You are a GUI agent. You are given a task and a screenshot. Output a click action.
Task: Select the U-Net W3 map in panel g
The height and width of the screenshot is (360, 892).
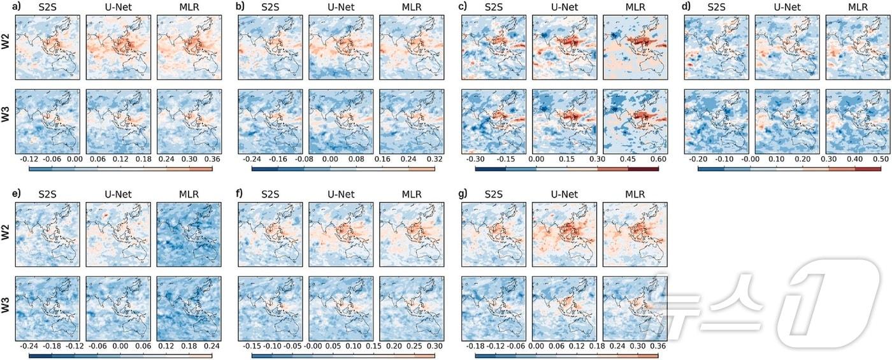coord(564,308)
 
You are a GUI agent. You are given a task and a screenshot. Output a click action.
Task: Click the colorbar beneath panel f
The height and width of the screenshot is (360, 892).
coord(343,356)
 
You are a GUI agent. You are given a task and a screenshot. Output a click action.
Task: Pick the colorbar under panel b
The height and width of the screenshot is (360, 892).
coord(343,169)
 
